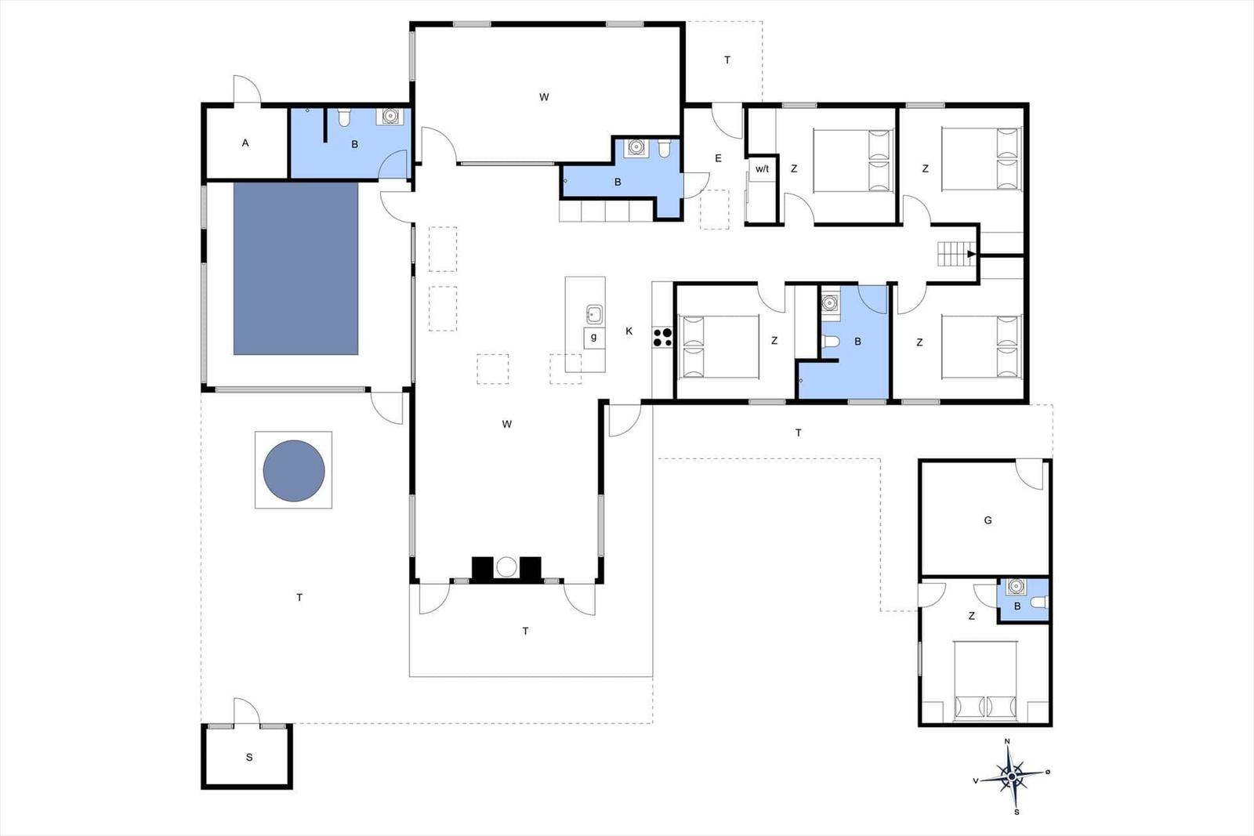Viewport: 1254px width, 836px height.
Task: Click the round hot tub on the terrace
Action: click(294, 471)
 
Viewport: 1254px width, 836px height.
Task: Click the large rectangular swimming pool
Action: click(295, 269)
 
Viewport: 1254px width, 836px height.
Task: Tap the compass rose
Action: click(1012, 776)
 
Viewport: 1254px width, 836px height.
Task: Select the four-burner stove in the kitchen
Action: click(662, 338)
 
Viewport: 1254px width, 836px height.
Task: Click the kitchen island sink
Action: click(594, 314)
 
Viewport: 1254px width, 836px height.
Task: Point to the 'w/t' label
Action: click(762, 169)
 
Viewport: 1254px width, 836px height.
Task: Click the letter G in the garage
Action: click(988, 520)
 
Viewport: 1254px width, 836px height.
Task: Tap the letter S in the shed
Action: click(249, 757)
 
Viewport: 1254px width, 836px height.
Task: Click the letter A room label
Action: click(245, 143)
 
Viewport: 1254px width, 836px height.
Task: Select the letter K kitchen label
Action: click(629, 331)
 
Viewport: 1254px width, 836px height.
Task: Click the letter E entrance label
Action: click(718, 158)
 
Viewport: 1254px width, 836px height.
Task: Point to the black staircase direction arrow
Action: click(972, 254)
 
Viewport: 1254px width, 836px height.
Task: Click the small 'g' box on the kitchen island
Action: click(594, 338)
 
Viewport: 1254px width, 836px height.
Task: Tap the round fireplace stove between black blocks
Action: click(506, 566)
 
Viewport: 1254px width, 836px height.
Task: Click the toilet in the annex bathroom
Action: click(1039, 602)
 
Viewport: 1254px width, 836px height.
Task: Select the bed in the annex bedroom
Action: click(985, 679)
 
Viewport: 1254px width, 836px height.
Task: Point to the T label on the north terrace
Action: click(727, 60)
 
